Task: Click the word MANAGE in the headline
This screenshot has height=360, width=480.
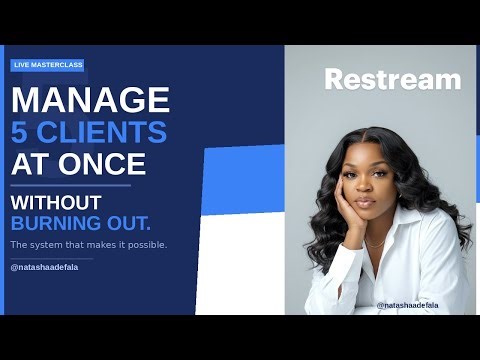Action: pyautogui.click(x=91, y=100)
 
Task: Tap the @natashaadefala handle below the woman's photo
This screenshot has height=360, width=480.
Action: pyautogui.click(x=407, y=305)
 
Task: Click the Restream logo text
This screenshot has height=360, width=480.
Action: pyautogui.click(x=392, y=79)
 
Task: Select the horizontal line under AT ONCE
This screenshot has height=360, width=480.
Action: pyautogui.click(x=70, y=185)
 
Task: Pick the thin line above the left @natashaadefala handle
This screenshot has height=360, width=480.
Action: pyautogui.click(x=51, y=258)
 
